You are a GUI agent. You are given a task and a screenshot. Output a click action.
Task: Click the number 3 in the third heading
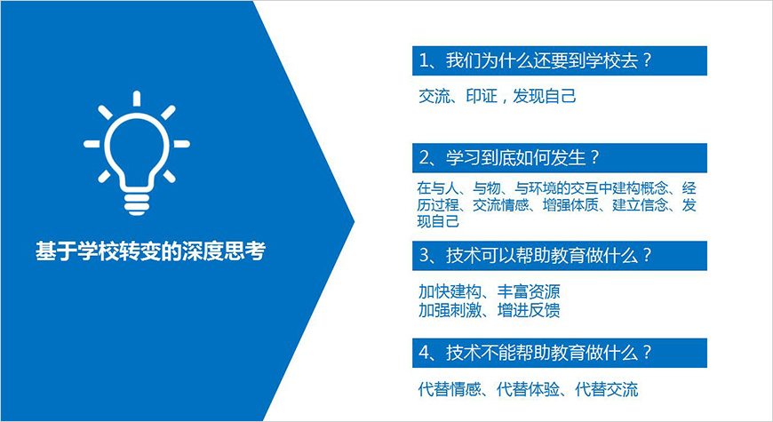(x=424, y=256)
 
